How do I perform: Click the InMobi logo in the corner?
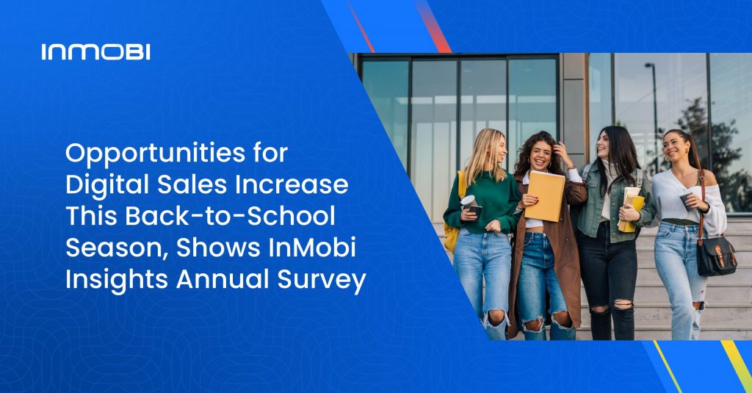coord(95,51)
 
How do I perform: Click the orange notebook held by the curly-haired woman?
coord(545,195)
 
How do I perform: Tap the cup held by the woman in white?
coord(684,200)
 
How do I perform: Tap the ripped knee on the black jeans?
coord(623,303)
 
